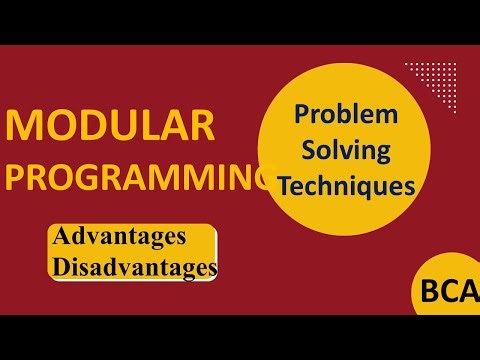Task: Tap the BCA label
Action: [448, 293]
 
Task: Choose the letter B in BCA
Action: [428, 293]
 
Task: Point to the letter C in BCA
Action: [447, 293]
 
